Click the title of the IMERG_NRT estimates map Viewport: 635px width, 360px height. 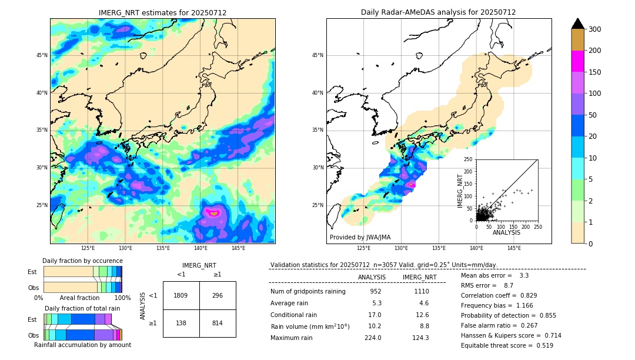[162, 12]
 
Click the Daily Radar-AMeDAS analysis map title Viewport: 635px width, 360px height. [438, 12]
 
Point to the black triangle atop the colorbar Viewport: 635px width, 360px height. [578, 24]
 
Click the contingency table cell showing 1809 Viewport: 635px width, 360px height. [181, 295]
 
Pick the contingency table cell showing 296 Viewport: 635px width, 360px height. [218, 295]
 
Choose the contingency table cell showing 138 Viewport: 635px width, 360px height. [181, 323]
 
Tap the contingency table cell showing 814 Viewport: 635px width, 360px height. [218, 323]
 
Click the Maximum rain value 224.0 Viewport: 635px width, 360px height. [372, 338]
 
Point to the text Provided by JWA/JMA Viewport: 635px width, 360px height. [360, 237]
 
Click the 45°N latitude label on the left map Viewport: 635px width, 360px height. [42, 55]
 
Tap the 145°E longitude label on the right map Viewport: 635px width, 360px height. [514, 248]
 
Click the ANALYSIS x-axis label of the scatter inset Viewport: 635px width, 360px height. [506, 232]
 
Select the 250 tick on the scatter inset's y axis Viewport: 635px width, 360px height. [469, 159]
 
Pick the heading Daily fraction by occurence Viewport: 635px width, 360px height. [82, 261]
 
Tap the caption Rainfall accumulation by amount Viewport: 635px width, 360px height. [82, 345]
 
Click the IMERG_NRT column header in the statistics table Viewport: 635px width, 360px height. [419, 277]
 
